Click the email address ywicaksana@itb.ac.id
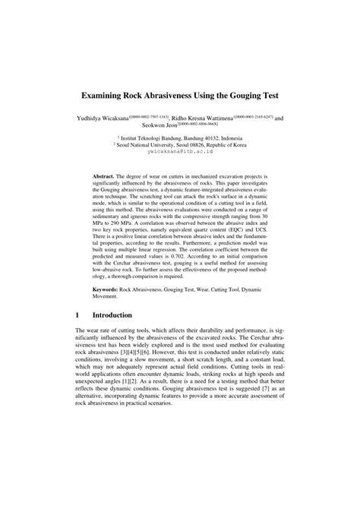[x=179, y=152]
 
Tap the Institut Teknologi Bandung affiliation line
[x=179, y=138]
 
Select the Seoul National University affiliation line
[x=179, y=145]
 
